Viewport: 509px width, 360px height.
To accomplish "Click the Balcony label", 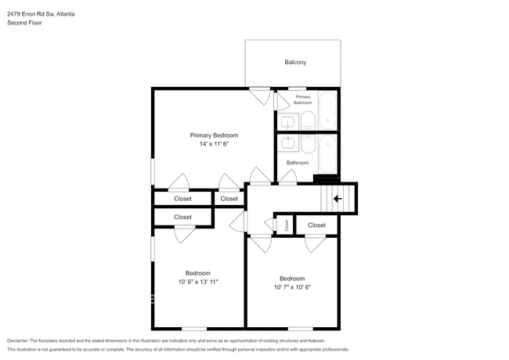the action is click(x=295, y=62).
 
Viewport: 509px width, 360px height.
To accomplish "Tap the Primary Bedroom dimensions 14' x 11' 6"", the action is click(x=215, y=144).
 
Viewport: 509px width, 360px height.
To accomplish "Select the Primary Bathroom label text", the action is click(x=303, y=99).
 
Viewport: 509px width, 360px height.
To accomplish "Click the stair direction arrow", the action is click(x=338, y=199).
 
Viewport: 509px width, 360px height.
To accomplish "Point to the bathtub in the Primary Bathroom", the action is click(x=327, y=110).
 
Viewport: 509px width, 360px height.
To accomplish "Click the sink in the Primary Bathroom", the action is click(x=287, y=122).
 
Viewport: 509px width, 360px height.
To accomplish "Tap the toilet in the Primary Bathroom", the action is click(x=308, y=121).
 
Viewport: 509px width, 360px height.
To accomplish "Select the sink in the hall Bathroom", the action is click(x=287, y=142).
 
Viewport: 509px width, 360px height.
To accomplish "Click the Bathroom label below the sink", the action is click(x=298, y=163).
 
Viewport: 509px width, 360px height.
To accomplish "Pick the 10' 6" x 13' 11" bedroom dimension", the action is click(x=198, y=282).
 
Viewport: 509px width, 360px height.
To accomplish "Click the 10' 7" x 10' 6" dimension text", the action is click(x=292, y=286).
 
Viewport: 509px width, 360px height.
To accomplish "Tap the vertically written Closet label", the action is click(x=287, y=225).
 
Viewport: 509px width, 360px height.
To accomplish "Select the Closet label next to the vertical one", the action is click(x=316, y=225).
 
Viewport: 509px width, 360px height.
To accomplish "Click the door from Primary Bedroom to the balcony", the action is click(x=260, y=95).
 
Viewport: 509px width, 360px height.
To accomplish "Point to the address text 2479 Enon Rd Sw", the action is click(x=31, y=14).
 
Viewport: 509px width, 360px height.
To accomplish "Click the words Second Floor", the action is click(x=24, y=23).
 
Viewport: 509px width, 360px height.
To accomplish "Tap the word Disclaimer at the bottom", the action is click(x=17, y=340).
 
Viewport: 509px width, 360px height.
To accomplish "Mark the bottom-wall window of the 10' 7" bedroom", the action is click(x=300, y=329).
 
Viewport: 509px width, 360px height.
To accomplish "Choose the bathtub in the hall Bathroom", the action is click(x=327, y=154).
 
